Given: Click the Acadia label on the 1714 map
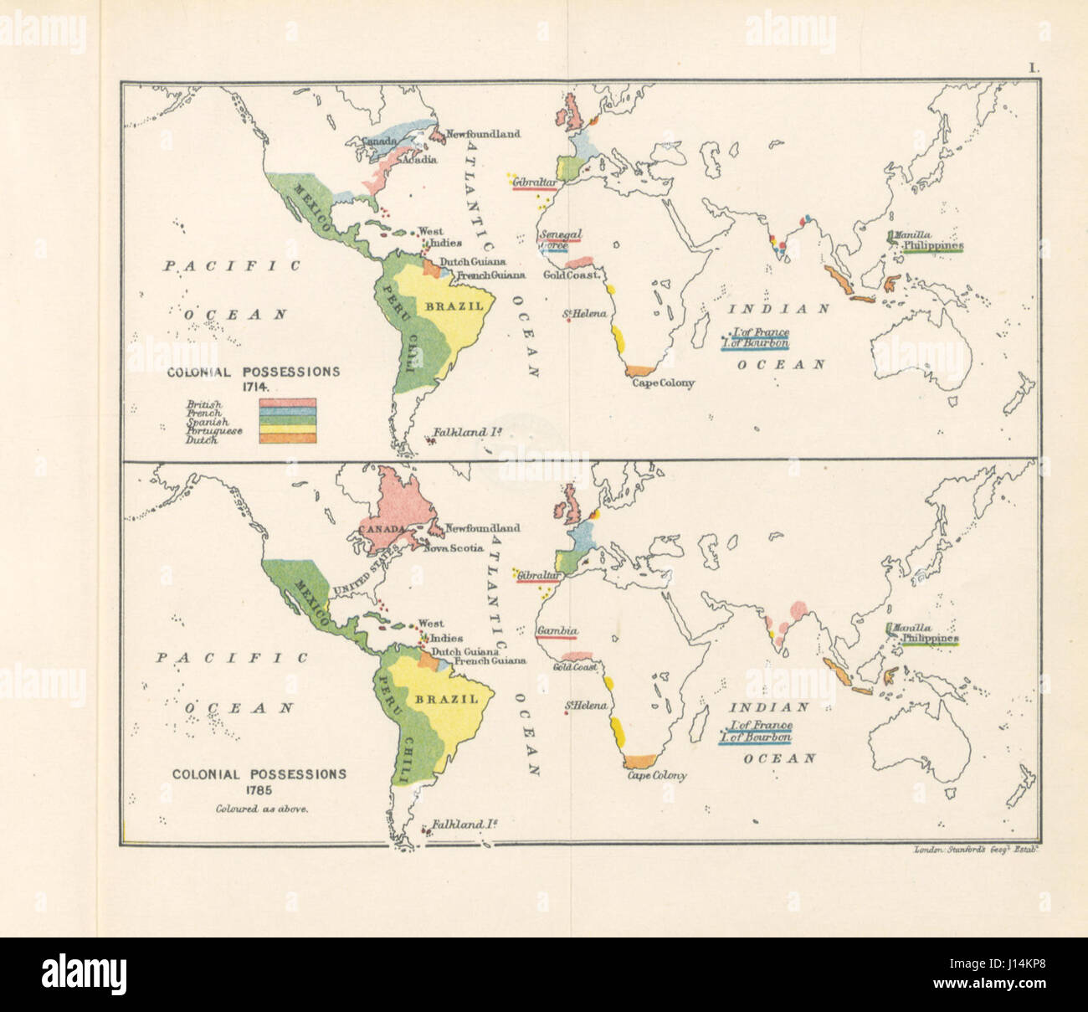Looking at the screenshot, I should coord(418,159).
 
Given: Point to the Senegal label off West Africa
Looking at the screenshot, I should coord(561,234).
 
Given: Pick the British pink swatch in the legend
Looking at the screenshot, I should coord(287,403).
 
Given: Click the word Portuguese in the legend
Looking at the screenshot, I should coord(214,431).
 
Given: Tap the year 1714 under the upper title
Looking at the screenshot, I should coord(254,388).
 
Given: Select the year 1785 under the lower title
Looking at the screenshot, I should coord(259,791).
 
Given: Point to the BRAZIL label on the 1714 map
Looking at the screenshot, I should coord(454,306).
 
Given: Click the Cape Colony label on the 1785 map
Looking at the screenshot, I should coord(657,775).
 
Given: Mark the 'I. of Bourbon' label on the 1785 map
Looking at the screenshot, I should coord(759,737).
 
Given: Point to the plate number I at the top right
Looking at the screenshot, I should coord(1034,70).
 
